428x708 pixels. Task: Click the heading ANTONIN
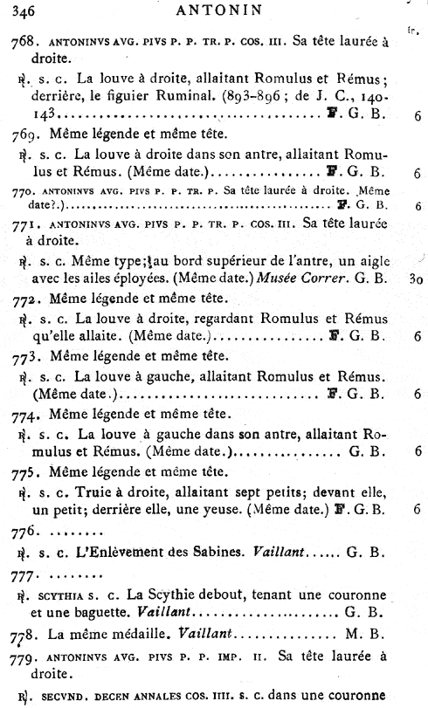tap(213, 11)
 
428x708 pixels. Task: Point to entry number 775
tap(27, 472)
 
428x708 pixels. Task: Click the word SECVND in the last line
tap(65, 695)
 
